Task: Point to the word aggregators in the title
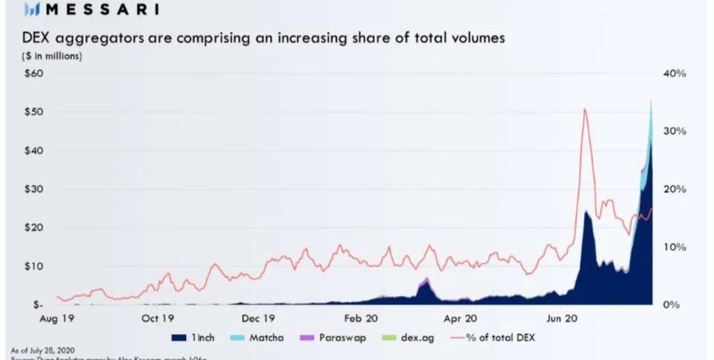point(102,38)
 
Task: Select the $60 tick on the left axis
point(35,74)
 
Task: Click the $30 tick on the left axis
point(35,189)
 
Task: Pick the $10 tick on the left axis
point(35,266)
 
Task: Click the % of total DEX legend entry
point(494,338)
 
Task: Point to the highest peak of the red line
point(585,109)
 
